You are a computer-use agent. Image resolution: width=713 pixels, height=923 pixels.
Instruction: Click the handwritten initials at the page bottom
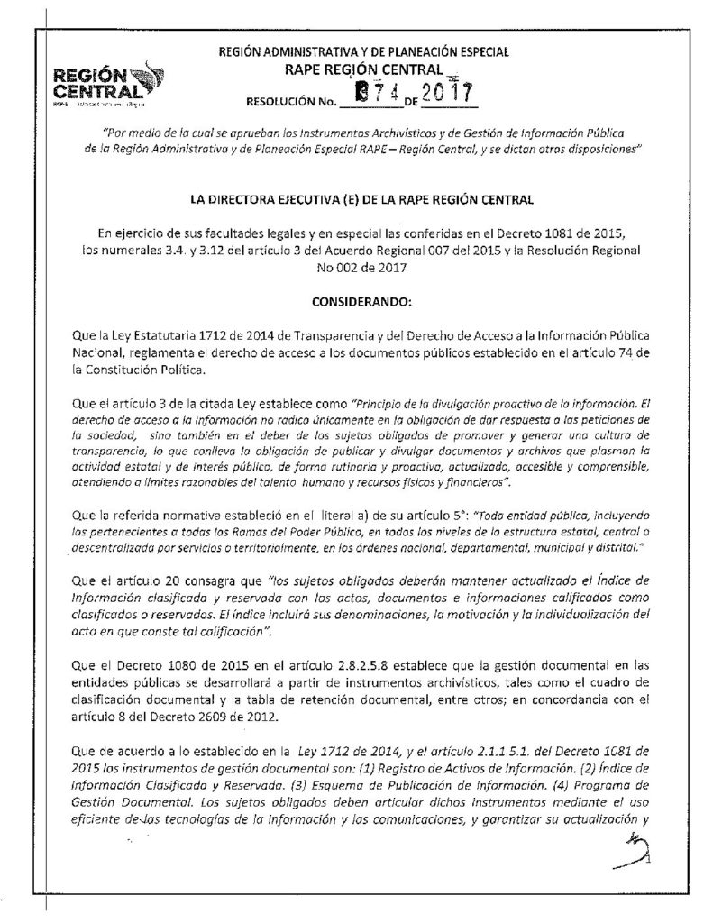coord(631,850)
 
